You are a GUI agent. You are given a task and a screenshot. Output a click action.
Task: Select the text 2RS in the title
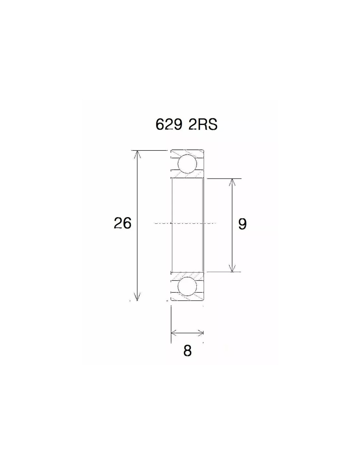tap(203, 124)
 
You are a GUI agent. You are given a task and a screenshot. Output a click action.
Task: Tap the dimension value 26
tap(122, 223)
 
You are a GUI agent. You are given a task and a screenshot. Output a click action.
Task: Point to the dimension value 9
tap(242, 224)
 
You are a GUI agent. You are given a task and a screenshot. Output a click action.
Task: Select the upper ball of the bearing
tap(187, 164)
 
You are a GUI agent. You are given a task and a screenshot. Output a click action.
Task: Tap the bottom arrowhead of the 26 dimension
tap(137, 296)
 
